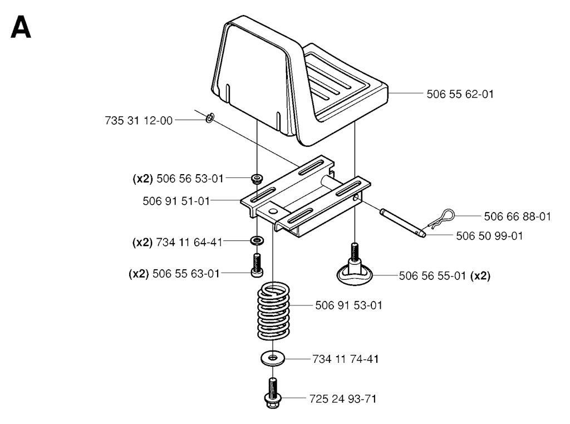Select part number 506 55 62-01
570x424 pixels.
[x=460, y=95]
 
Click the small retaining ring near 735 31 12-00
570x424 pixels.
[x=210, y=118]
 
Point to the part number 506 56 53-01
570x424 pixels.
[x=190, y=179]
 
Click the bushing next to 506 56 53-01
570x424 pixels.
[x=257, y=179]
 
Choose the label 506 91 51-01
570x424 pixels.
[x=176, y=201]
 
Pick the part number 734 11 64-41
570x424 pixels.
[x=190, y=242]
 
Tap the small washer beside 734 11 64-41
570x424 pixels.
[x=257, y=241]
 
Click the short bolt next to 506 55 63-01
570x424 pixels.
[x=257, y=265]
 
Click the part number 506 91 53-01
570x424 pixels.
[x=348, y=305]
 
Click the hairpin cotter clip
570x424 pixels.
[x=443, y=218]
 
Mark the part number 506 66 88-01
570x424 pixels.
[x=517, y=215]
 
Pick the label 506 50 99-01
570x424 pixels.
[x=489, y=236]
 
